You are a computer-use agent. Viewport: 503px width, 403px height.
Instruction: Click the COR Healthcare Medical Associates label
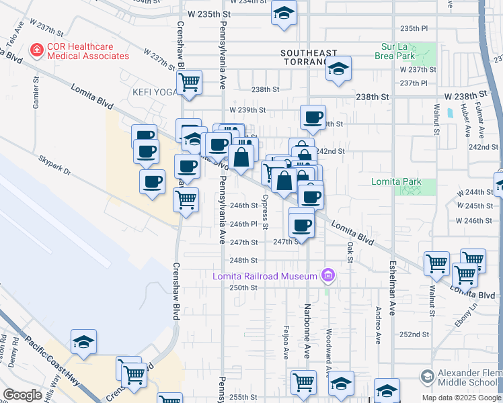click(87, 51)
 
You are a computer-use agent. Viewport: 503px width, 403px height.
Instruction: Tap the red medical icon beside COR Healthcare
click(34, 50)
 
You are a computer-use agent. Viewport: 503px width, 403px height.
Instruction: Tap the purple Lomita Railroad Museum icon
click(328, 275)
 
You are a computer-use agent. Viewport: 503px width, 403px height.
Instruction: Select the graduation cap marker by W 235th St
click(284, 12)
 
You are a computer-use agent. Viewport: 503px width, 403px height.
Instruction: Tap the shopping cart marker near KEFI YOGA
click(190, 83)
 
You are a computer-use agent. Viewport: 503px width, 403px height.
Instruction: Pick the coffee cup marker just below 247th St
click(302, 224)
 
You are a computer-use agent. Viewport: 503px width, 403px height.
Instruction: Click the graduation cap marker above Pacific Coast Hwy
click(83, 341)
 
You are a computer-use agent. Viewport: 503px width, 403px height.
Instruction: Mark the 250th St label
click(243, 287)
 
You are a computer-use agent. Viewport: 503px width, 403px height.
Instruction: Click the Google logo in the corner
click(22, 395)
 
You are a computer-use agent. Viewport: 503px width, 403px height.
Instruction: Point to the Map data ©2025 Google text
click(461, 398)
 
